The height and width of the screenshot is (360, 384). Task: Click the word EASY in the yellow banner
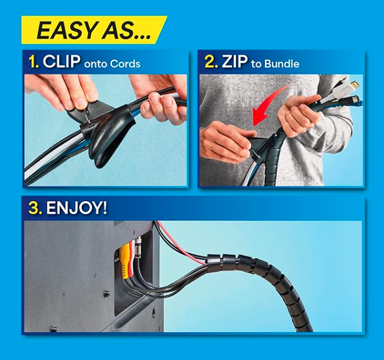[63, 30]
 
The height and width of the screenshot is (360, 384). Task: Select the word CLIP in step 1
[62, 62]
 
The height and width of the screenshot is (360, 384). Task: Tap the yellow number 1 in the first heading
[34, 62]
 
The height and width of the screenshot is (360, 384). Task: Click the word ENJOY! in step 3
[76, 208]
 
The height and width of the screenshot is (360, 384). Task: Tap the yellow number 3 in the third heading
[35, 208]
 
